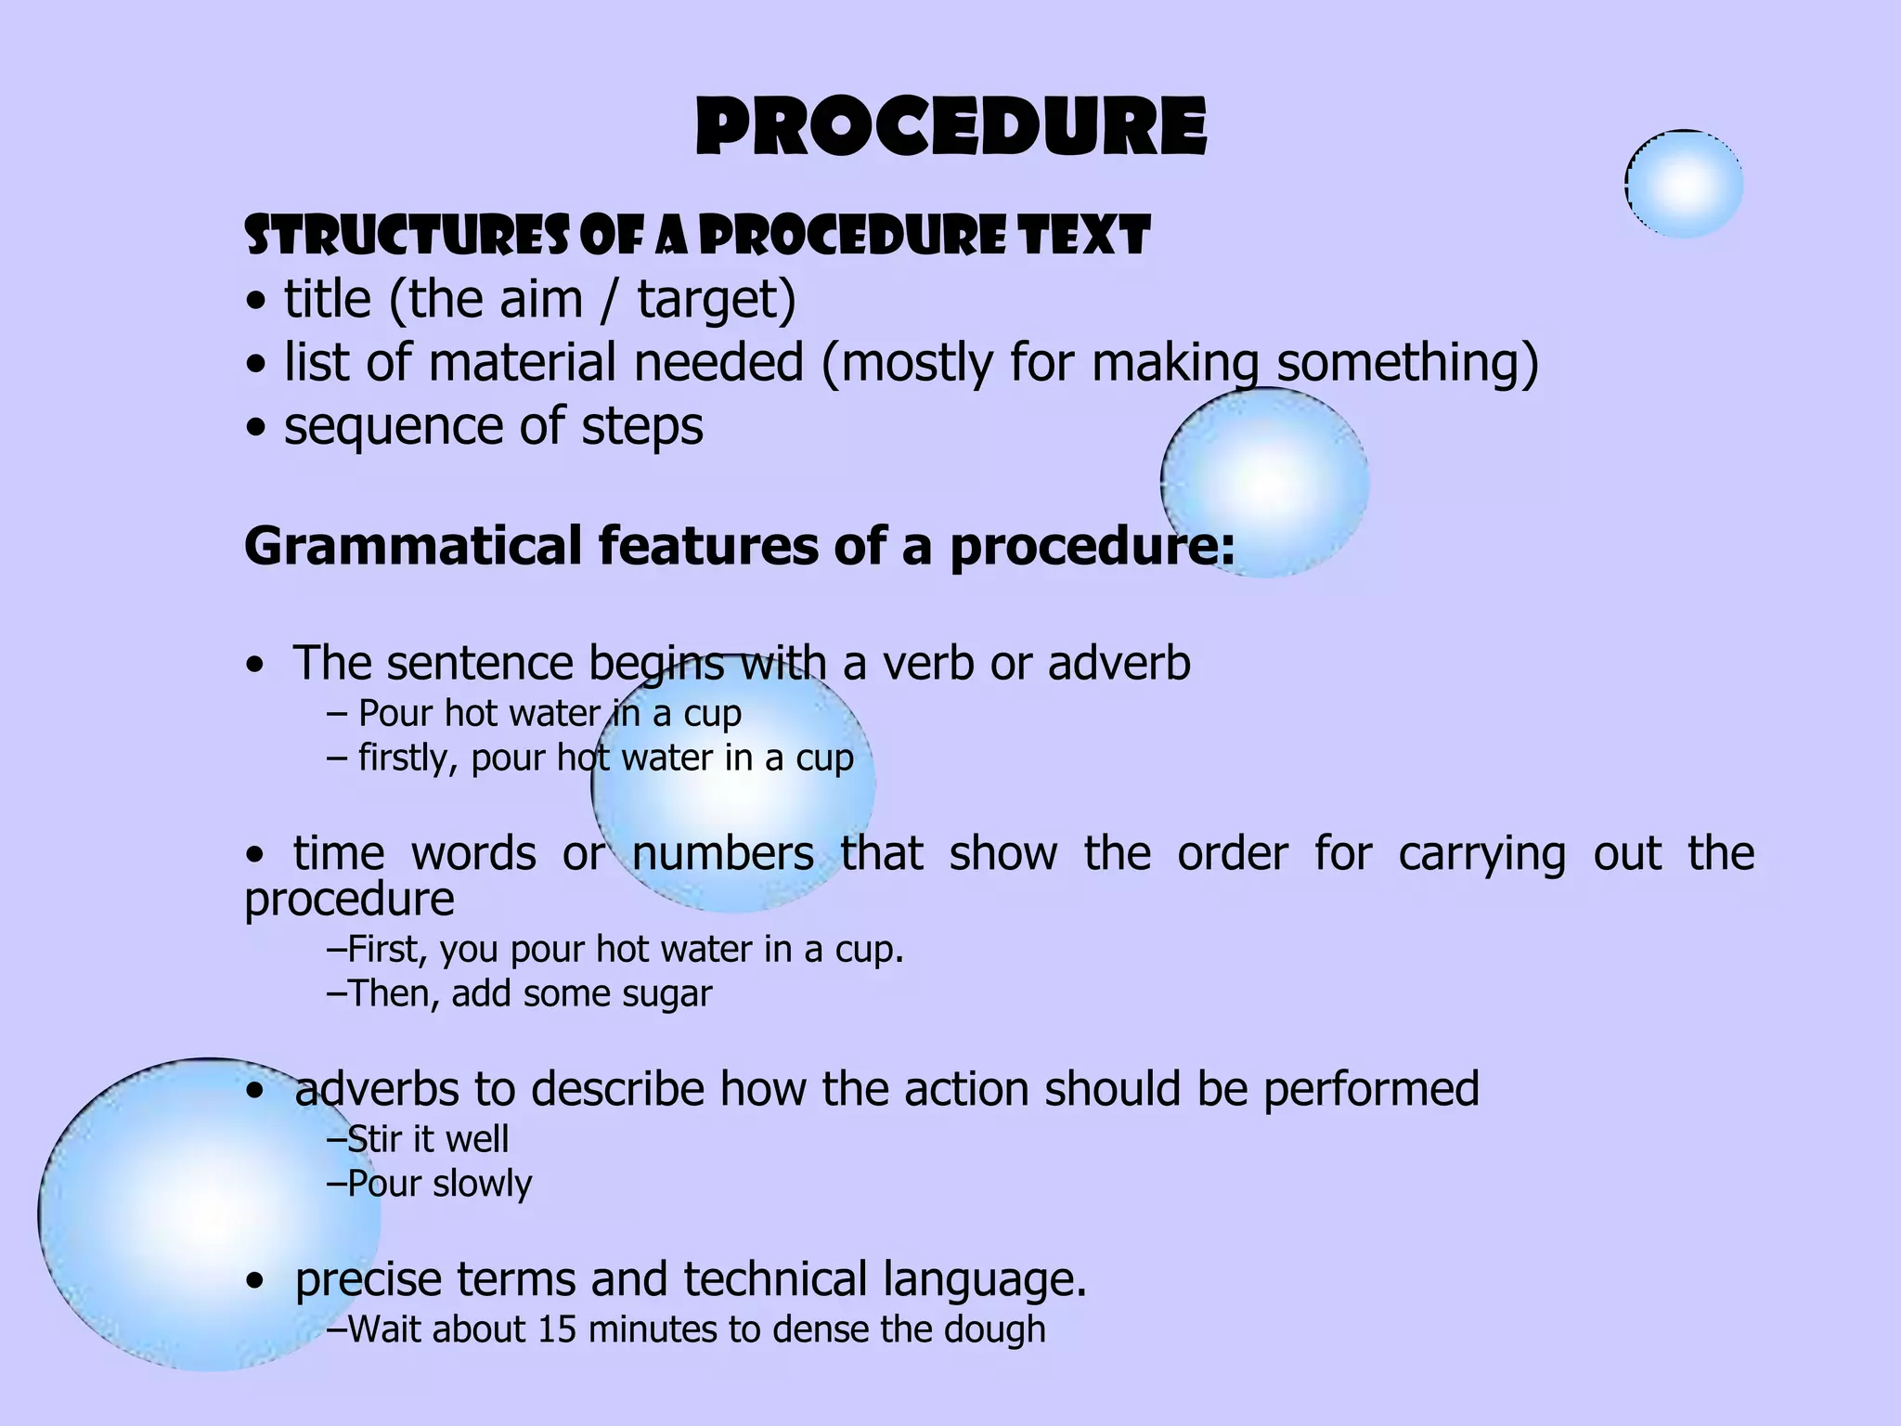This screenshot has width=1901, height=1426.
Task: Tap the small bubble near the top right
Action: pyautogui.click(x=1684, y=184)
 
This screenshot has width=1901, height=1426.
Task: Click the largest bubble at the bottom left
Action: pyautogui.click(x=210, y=1214)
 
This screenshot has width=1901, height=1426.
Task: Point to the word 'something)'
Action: pyautogui.click(x=1407, y=363)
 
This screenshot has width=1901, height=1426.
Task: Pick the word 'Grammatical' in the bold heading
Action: pyautogui.click(x=413, y=546)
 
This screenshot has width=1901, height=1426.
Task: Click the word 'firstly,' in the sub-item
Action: pyautogui.click(x=407, y=758)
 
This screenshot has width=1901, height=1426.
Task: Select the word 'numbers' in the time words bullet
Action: pyautogui.click(x=723, y=853)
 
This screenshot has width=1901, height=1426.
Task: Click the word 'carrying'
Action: pyautogui.click(x=1482, y=853)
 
